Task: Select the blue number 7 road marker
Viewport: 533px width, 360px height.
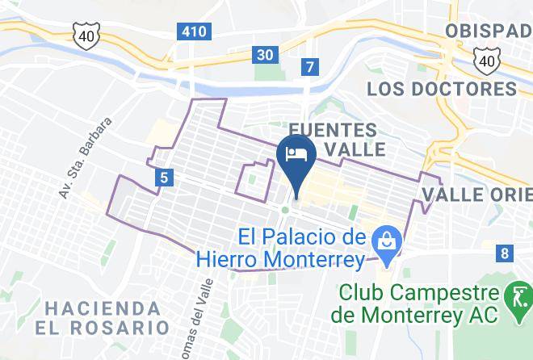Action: (308, 67)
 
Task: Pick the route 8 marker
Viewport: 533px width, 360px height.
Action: (505, 253)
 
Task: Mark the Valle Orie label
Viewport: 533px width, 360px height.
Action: (477, 194)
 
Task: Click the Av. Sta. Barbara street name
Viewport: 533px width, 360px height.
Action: (85, 157)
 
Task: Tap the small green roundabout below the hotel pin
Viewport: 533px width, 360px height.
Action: (285, 210)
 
